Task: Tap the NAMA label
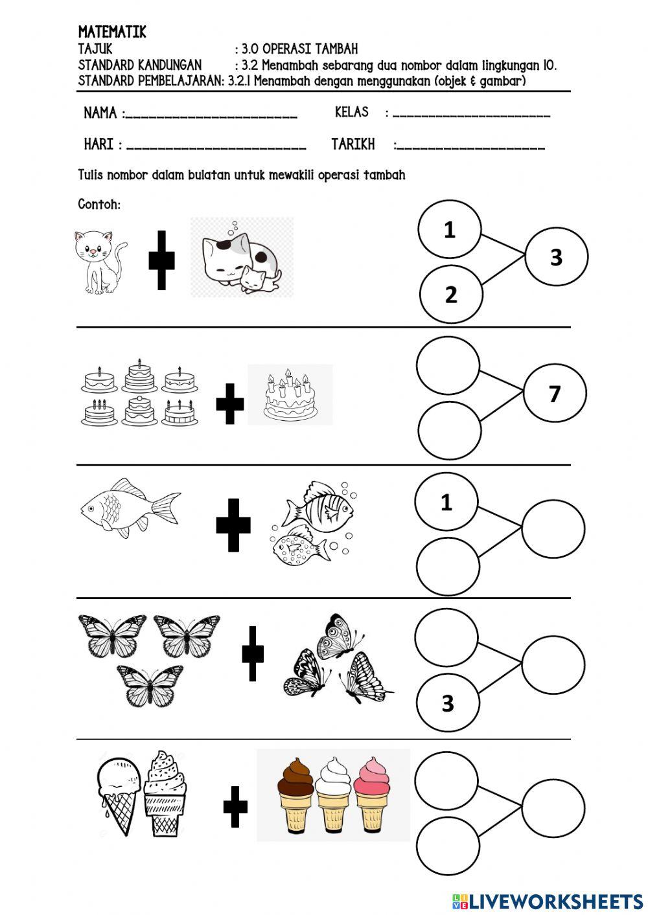coord(100,113)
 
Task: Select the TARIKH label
coord(353,144)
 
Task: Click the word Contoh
coord(99,205)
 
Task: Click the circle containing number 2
coord(450,295)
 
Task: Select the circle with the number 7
coord(555,393)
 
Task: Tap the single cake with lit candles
coord(290,395)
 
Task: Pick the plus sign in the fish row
coord(233,525)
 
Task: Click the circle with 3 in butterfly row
coord(448,703)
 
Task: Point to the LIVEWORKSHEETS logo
coord(548,901)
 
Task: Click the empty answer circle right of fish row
coord(553,529)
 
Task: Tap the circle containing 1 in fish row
coord(446,502)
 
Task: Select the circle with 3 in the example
coord(556,257)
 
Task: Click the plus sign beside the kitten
coord(161,260)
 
